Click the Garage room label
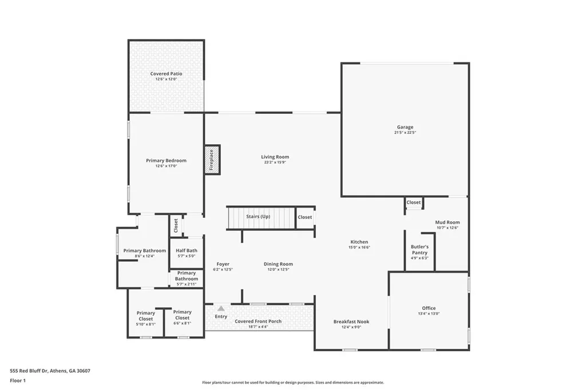[405, 127]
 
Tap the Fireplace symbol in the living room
[212, 160]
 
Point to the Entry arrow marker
[220, 308]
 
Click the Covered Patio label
[166, 74]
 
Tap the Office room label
[429, 308]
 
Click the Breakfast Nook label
[351, 321]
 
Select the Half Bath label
[187, 250]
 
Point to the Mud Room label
[448, 222]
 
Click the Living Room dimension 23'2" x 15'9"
[275, 162]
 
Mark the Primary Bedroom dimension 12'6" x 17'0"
[166, 166]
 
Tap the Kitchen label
[359, 242]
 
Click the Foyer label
[223, 264]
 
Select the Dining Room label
[278, 264]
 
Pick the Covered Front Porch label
[258, 321]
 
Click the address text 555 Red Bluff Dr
[50, 371]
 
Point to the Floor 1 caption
[18, 380]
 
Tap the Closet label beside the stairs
[305, 217]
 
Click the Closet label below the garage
[414, 202]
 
